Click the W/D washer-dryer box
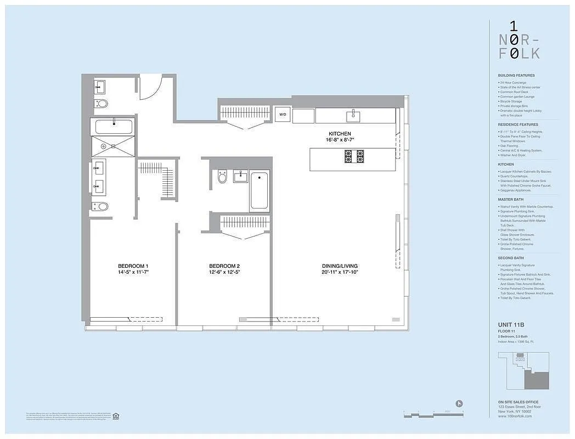(283, 115)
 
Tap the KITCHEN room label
(340, 134)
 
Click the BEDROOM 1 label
(133, 266)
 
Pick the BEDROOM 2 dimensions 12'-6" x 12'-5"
(224, 272)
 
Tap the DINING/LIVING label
(340, 266)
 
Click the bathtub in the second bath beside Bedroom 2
(260, 191)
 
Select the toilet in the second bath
(222, 177)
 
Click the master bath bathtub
(114, 127)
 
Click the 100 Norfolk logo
(518, 40)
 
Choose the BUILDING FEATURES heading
(516, 75)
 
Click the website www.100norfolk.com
(515, 416)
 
